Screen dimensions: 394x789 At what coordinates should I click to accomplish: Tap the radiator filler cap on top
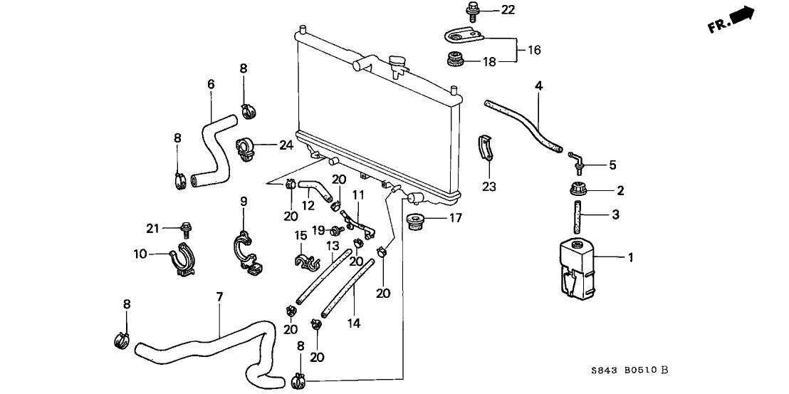click(x=396, y=66)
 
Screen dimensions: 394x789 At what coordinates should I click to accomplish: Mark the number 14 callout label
click(x=354, y=323)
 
